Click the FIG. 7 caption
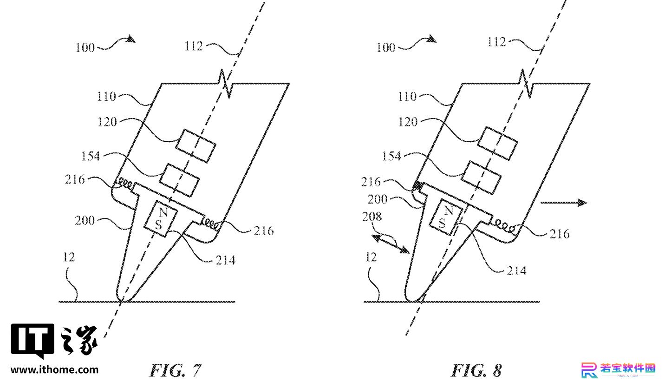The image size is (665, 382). click(x=175, y=370)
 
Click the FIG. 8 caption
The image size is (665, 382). click(x=476, y=370)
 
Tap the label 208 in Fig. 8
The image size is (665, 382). click(x=372, y=217)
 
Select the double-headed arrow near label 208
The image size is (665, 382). click(x=391, y=244)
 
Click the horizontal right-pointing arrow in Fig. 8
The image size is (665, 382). click(x=564, y=203)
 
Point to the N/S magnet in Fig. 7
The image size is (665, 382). click(x=161, y=219)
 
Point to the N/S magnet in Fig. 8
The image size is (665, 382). click(x=446, y=217)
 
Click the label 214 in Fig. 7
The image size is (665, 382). click(x=225, y=260)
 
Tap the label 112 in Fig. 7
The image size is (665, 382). click(x=194, y=46)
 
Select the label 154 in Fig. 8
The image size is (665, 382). click(x=391, y=156)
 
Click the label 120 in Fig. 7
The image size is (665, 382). click(x=107, y=122)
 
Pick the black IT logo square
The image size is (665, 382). click(x=33, y=340)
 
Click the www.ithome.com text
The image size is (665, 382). click(x=55, y=370)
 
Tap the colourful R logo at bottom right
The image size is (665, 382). click(x=589, y=370)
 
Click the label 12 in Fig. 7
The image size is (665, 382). click(x=69, y=257)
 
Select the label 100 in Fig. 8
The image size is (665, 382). click(x=385, y=47)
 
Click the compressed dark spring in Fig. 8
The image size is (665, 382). click(x=418, y=186)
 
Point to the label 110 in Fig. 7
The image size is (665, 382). click(x=106, y=96)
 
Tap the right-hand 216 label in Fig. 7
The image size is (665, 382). click(x=264, y=231)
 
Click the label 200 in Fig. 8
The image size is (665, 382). click(x=378, y=199)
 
